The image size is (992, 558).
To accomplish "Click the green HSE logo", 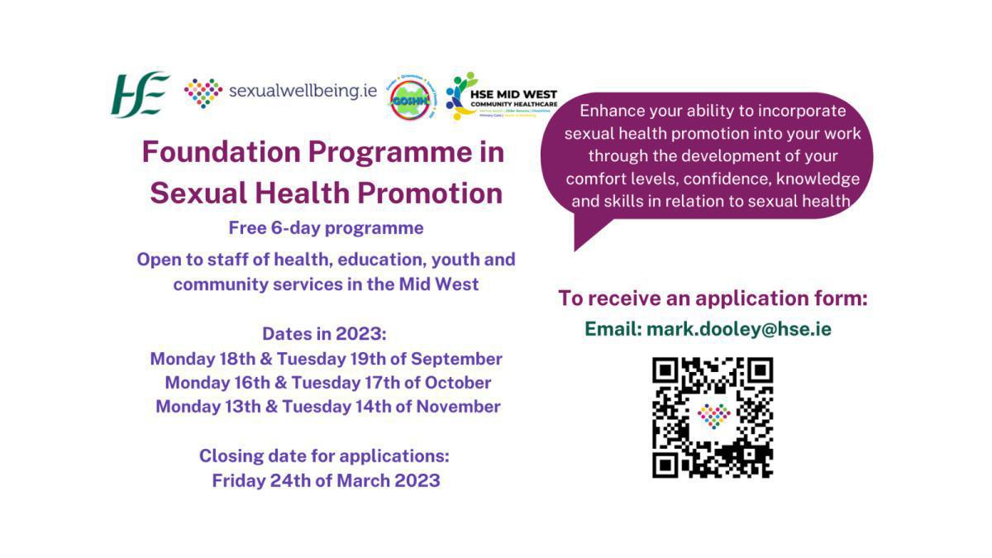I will click(x=141, y=93).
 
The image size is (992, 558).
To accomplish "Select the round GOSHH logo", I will click(x=413, y=96).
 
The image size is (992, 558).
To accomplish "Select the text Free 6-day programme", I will click(x=327, y=228).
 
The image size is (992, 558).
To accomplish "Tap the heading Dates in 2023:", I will click(x=325, y=334).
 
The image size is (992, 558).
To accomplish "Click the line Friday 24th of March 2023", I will click(x=326, y=480).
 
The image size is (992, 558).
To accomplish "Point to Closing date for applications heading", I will click(x=324, y=455).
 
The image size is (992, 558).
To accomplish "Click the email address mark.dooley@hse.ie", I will click(x=738, y=329).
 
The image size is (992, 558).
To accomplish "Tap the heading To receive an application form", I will click(x=713, y=298).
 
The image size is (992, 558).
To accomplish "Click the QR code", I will click(x=713, y=417).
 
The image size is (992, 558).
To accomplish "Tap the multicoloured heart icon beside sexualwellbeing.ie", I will click(x=203, y=93).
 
